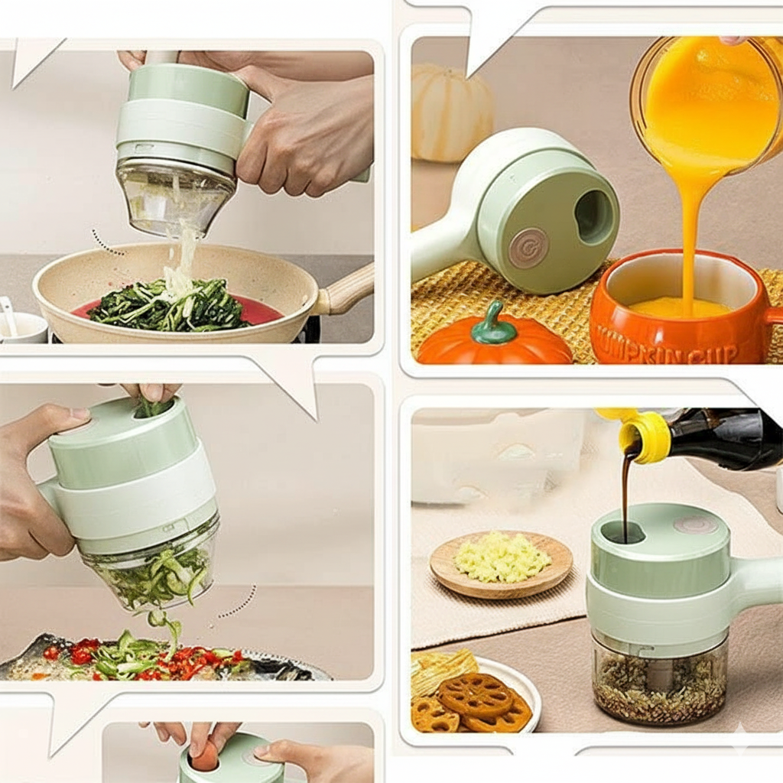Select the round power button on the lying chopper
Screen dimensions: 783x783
click(528, 248)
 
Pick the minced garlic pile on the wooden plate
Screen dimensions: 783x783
click(502, 557)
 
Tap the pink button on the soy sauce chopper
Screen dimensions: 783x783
click(695, 525)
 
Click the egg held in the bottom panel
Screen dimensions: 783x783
click(205, 757)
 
